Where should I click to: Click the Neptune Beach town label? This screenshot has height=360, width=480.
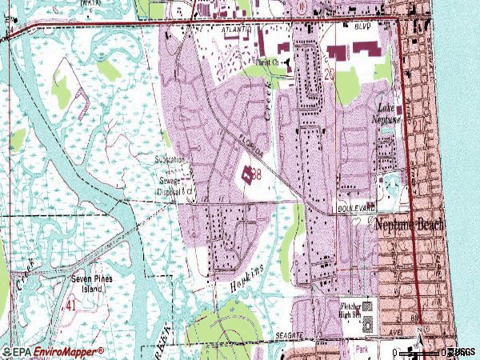pyautogui.click(x=410, y=226)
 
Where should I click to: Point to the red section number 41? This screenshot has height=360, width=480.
pyautogui.click(x=72, y=305)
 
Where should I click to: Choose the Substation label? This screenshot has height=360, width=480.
pyautogui.click(x=170, y=160)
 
